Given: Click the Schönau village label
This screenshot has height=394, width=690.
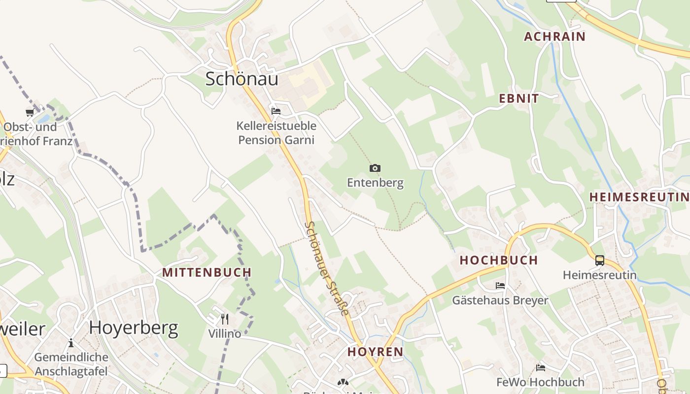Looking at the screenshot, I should click(x=241, y=79).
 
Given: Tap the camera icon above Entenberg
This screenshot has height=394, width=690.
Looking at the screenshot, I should click(x=375, y=168).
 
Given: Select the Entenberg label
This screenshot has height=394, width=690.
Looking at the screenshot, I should click(x=375, y=183).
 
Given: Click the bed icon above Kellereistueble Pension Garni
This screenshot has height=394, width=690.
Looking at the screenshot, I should click(x=276, y=111).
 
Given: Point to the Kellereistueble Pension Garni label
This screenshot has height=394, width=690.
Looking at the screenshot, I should click(x=276, y=133).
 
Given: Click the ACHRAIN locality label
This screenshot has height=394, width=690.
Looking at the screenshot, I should click(x=554, y=36).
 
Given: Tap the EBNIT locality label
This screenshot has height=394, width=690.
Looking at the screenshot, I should click(x=519, y=98).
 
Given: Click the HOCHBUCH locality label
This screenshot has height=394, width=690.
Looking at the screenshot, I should click(x=499, y=261).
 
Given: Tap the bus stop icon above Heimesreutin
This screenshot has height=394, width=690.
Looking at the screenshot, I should click(x=600, y=261).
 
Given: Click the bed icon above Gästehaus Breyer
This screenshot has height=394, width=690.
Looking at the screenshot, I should click(x=500, y=286).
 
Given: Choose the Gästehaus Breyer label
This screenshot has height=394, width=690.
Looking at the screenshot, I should click(x=500, y=300).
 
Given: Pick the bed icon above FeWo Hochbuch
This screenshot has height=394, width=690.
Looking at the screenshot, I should click(x=541, y=367).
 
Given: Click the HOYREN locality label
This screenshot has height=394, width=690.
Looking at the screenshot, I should click(x=376, y=352).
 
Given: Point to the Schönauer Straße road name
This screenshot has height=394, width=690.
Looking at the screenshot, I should click(x=326, y=268).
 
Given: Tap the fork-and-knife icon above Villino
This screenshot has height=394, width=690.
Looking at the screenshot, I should click(x=225, y=319).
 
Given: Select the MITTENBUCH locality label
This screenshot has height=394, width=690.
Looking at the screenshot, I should click(x=207, y=272).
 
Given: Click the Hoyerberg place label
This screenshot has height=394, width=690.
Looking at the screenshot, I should click(x=134, y=328).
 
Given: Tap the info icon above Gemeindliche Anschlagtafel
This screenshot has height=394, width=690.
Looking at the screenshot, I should click(x=71, y=343).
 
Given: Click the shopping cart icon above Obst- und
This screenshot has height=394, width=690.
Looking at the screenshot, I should click(x=30, y=113).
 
